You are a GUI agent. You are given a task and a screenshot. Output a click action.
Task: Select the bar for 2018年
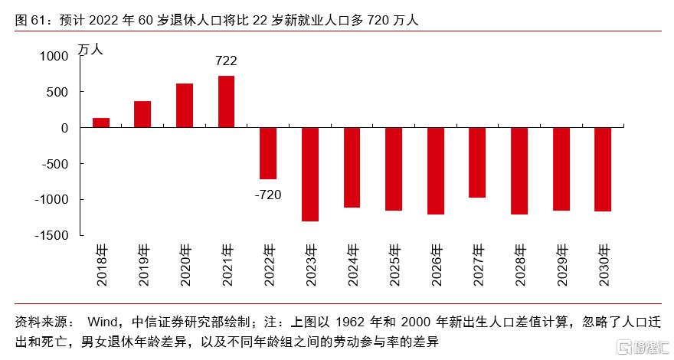101,123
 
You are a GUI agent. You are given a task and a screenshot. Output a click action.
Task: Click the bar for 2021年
226,102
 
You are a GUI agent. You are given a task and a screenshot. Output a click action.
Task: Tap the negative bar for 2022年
268,153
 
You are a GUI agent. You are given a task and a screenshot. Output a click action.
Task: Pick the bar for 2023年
309,174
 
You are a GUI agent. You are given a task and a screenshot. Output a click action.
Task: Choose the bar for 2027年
476,162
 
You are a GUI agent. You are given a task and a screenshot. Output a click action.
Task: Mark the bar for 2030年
602,169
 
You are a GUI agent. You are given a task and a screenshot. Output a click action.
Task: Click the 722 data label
226,61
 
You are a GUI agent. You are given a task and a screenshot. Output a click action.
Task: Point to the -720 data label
268,195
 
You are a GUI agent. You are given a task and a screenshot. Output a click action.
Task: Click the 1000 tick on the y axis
54,56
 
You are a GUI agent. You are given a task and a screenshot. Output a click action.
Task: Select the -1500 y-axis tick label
51,235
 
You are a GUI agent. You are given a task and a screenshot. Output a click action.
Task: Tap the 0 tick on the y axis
65,128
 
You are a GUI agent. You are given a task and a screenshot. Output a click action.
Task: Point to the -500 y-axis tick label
54,164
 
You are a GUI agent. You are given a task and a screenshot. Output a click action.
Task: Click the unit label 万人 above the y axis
90,48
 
